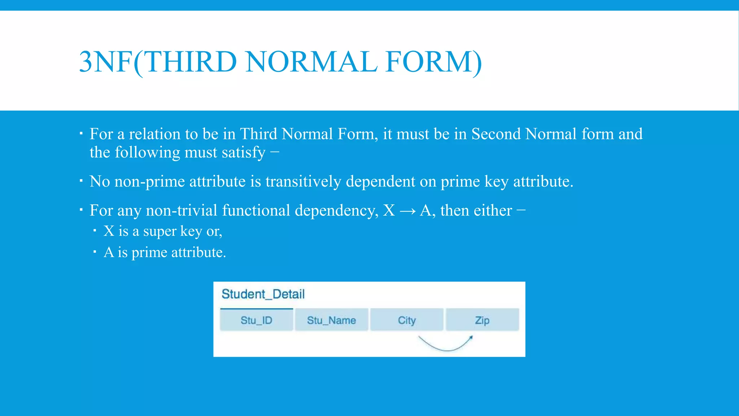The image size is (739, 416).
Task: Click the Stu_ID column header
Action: [256, 320]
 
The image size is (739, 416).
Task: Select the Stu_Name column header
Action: [331, 320]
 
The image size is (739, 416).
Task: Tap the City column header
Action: [407, 320]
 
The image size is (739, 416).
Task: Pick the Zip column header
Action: [482, 320]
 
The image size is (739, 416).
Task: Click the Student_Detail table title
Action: [263, 294]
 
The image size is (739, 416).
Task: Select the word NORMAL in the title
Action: [311, 62]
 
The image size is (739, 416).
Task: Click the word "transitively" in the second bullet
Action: [303, 181]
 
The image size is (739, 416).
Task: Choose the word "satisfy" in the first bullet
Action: [244, 153]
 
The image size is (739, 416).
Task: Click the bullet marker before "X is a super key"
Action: [95, 230]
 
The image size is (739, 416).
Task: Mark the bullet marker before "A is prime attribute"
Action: [95, 251]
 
